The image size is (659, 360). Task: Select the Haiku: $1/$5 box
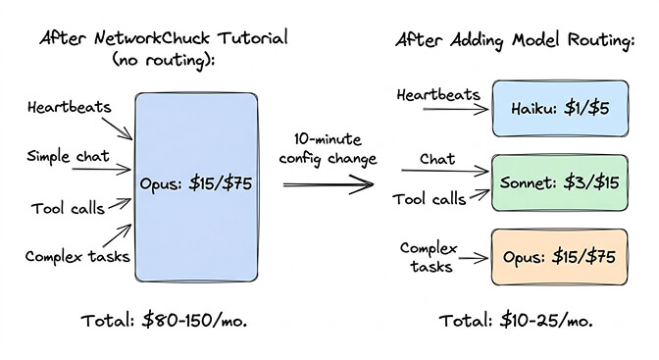[559, 108]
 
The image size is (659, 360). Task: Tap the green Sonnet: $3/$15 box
[559, 184]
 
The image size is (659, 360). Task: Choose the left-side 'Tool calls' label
[65, 209]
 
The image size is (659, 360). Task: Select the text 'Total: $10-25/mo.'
[518, 320]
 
